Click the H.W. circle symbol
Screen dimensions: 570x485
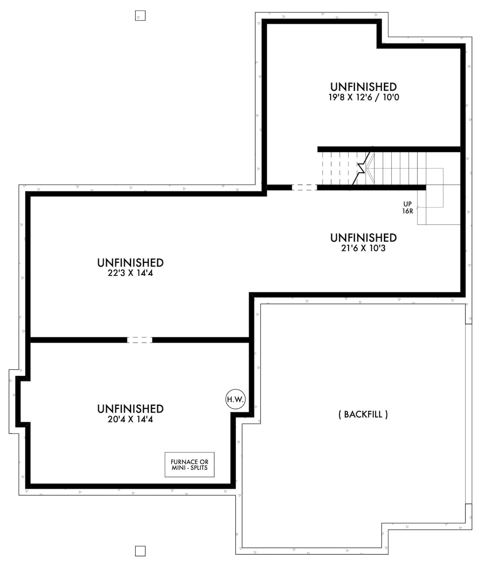click(235, 399)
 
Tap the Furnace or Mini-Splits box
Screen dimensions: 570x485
click(189, 465)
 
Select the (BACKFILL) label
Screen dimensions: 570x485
click(363, 414)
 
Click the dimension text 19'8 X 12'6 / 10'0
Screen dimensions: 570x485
click(364, 97)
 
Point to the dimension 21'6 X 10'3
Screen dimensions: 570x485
click(363, 248)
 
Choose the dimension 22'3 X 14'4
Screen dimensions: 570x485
click(130, 273)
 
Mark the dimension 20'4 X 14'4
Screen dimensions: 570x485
click(130, 419)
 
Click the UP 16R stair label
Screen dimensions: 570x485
click(407, 208)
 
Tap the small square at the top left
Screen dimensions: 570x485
click(140, 16)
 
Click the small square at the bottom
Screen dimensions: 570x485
click(140, 551)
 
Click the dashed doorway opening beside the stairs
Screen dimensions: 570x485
click(304, 187)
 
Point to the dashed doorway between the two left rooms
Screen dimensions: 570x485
click(140, 340)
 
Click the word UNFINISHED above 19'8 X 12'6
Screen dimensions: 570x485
click(363, 87)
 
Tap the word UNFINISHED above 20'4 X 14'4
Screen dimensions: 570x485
click(130, 409)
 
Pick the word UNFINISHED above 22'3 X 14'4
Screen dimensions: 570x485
click(130, 263)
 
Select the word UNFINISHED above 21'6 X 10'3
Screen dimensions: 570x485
click(363, 238)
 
